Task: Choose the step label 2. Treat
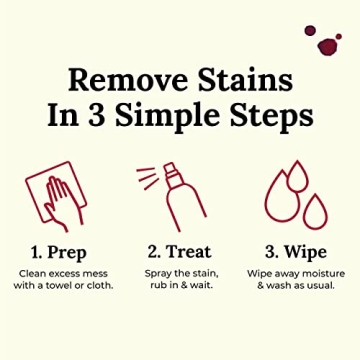[180, 249]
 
